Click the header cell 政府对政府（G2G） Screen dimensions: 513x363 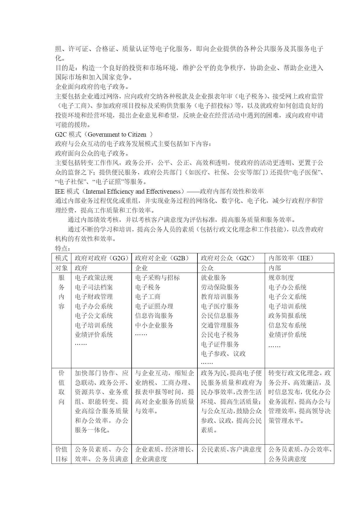101,258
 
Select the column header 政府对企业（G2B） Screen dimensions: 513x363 162,258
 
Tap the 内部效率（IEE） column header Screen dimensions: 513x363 291,258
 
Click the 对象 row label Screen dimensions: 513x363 61,268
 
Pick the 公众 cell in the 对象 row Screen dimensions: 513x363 207,268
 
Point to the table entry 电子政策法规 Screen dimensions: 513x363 94,278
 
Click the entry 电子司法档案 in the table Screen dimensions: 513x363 94,287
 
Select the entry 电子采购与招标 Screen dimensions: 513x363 157,278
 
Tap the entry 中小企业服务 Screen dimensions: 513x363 154,325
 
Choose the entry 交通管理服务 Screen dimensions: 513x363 220,325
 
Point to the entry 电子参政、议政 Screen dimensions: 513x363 223,354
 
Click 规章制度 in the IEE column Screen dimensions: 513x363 281,278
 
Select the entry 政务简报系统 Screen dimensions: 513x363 287,316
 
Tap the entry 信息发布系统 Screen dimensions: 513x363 287,325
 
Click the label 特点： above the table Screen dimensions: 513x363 63,249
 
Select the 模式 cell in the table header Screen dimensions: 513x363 61,258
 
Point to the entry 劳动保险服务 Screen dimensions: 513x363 220,287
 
